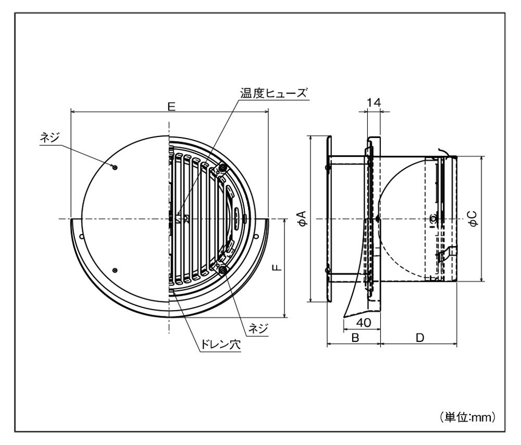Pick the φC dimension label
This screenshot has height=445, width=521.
[473, 219]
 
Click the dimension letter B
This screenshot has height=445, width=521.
[355, 338]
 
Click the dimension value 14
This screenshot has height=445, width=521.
[374, 103]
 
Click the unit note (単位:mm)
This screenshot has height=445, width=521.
[466, 417]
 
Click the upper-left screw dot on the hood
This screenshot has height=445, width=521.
[115, 167]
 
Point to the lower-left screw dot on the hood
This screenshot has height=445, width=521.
[115, 270]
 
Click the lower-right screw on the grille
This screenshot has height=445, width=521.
[223, 268]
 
